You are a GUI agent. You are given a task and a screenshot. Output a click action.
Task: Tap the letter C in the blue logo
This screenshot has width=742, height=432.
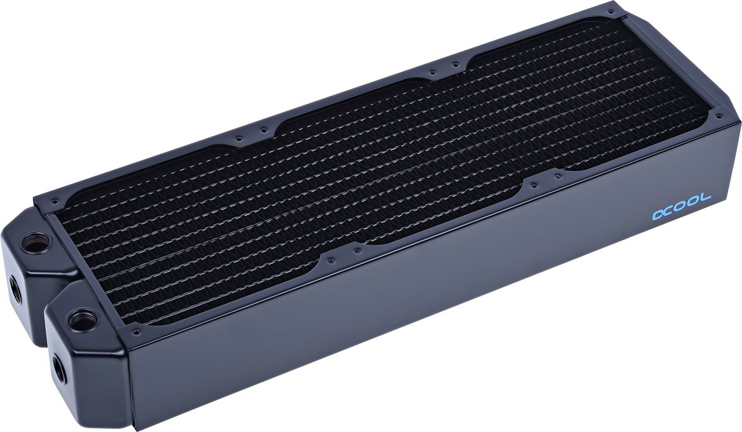click(671, 210)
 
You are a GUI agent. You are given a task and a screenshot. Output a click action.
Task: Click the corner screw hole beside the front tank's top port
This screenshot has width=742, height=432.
click(135, 329)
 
